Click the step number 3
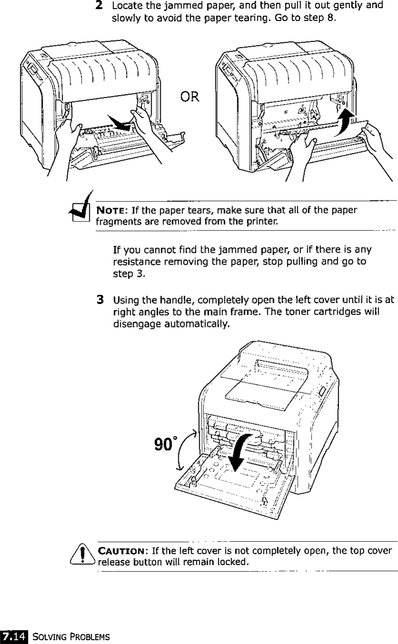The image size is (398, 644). [100, 300]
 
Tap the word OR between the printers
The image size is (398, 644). [189, 99]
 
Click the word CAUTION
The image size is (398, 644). [122, 552]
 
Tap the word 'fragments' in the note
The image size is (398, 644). [115, 221]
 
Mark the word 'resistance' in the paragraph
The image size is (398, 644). [135, 261]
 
